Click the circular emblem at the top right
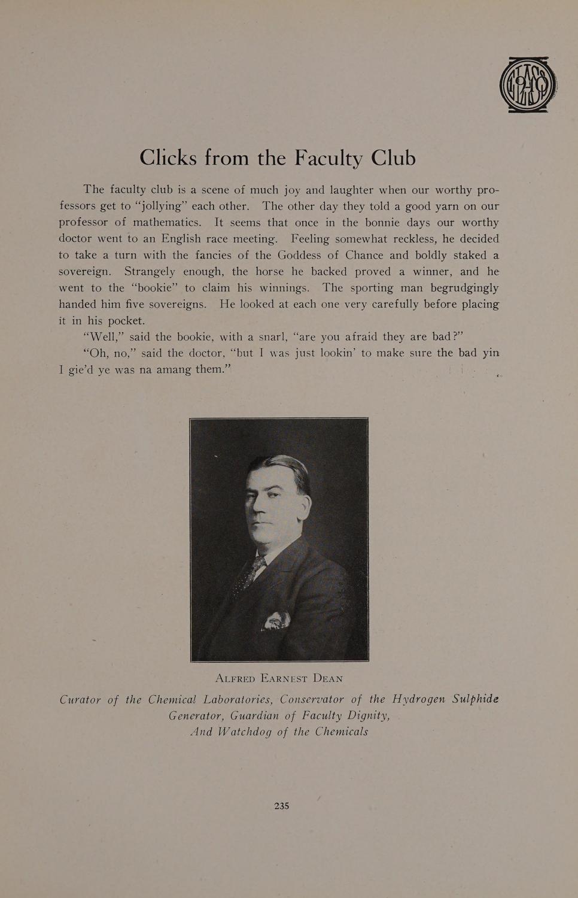click(x=528, y=84)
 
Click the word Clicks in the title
click(x=168, y=157)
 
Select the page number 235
click(x=282, y=806)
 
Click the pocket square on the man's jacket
click(x=278, y=620)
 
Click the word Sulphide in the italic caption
click(x=476, y=700)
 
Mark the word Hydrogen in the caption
click(x=418, y=700)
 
